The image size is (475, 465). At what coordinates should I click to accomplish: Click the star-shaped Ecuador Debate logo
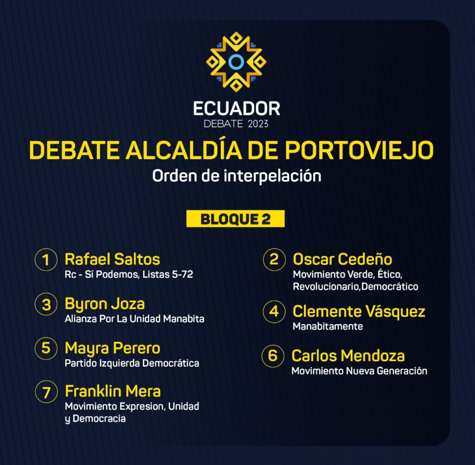(x=236, y=62)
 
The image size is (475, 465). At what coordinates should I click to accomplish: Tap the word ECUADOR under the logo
(x=237, y=109)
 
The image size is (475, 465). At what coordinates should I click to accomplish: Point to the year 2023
(x=258, y=124)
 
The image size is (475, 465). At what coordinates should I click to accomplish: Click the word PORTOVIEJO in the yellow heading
(x=359, y=150)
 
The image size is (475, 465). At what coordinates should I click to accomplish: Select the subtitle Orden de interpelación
(x=237, y=176)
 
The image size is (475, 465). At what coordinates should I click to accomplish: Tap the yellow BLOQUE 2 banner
(x=235, y=219)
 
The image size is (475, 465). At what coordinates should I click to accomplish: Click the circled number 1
(x=46, y=259)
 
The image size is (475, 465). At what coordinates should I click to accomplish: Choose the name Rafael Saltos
(x=112, y=259)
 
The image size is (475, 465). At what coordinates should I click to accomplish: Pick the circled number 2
(x=274, y=259)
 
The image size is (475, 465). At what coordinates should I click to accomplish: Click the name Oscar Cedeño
(x=342, y=259)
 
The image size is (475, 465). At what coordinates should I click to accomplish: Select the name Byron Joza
(x=104, y=304)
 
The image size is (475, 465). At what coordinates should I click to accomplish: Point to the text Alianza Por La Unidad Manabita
(x=135, y=319)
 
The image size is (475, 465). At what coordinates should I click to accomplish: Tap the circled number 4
(x=274, y=311)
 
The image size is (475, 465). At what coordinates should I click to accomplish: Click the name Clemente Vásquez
(x=359, y=312)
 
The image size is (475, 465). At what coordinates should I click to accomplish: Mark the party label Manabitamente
(x=328, y=326)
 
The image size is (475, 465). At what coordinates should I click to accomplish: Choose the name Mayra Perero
(x=112, y=349)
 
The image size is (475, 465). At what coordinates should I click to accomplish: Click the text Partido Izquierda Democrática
(x=132, y=363)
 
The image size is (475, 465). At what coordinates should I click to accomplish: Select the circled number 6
(x=273, y=356)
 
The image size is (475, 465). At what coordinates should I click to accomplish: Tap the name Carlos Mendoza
(x=348, y=356)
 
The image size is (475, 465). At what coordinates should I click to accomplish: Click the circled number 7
(x=46, y=392)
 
